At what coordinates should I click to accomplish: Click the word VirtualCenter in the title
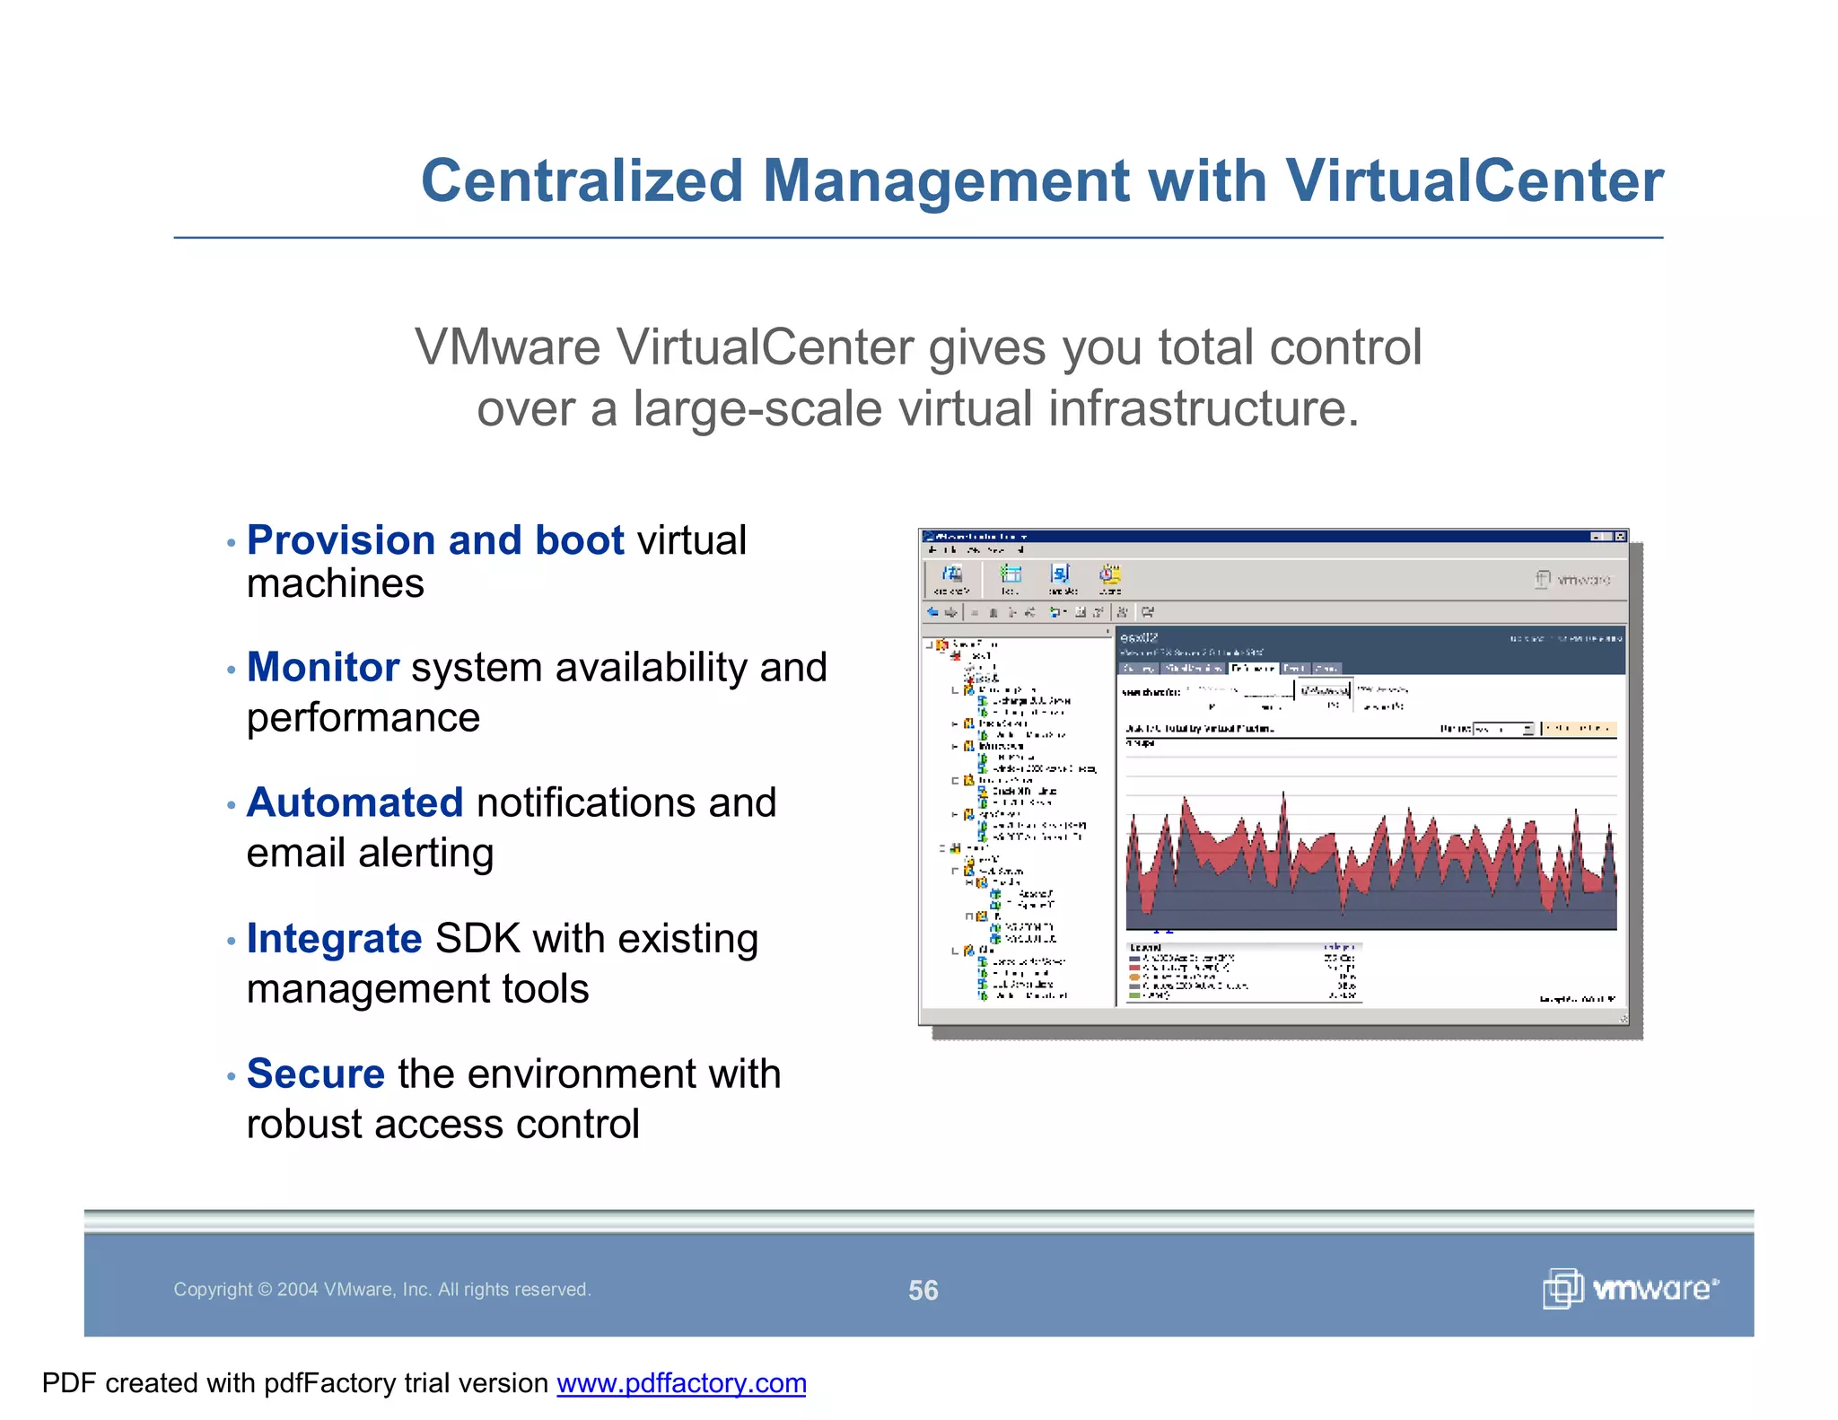coord(1474,181)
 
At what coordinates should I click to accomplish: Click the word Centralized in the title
coord(582,181)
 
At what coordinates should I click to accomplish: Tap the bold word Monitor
coord(322,668)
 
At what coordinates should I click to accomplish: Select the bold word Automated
coord(354,802)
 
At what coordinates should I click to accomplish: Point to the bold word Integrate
coord(334,939)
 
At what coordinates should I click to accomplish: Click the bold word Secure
coord(316,1074)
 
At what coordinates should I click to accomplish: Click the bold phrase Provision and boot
coord(435,540)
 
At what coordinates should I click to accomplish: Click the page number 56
coord(923,1291)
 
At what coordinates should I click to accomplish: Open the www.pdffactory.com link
coord(681,1383)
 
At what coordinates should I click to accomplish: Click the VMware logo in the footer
coord(1630,1289)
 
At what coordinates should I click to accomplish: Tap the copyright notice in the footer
coord(381,1290)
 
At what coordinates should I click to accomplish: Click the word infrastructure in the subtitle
coord(1203,409)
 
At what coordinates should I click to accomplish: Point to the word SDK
coord(477,939)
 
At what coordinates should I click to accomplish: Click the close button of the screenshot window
coord(1620,537)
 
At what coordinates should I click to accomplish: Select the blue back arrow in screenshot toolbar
coord(932,612)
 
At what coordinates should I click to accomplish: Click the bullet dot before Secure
coord(231,1076)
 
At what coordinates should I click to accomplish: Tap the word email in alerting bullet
coord(296,854)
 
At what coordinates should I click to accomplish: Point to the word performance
coord(363,718)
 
